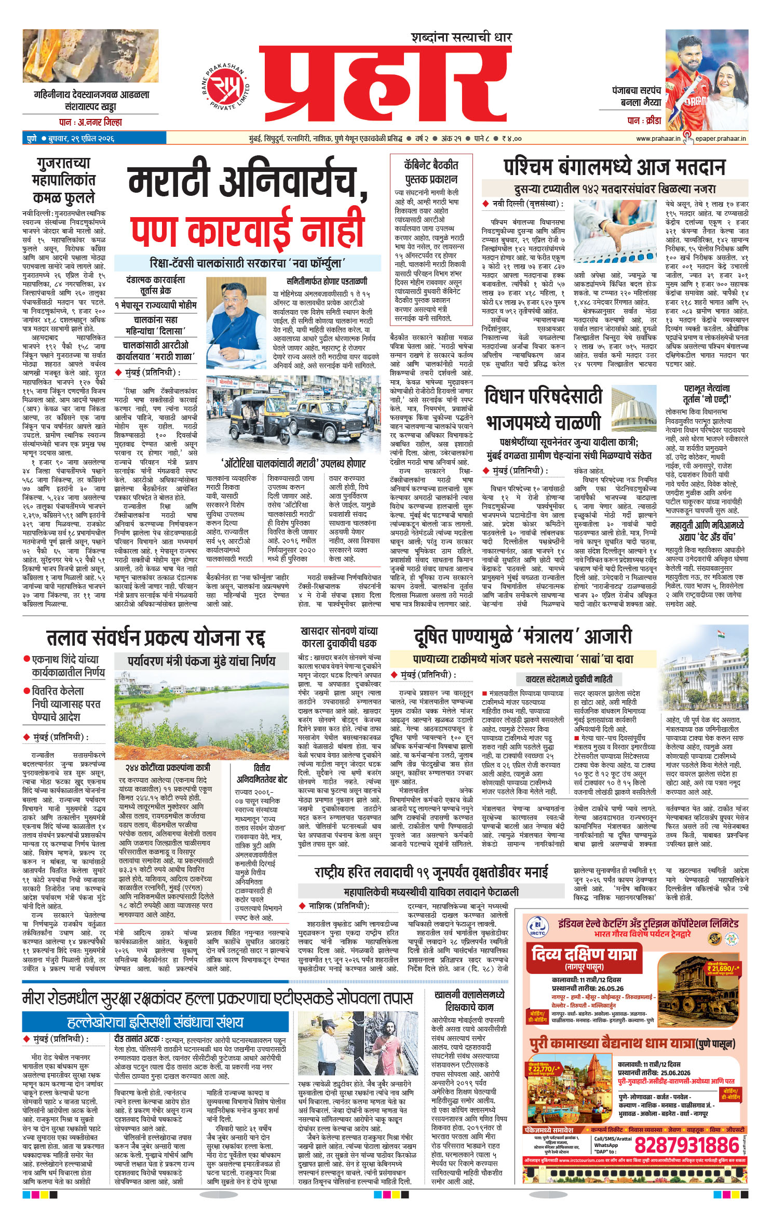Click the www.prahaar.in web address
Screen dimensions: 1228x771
point(658,138)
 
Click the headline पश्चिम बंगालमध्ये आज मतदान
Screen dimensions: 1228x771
point(614,167)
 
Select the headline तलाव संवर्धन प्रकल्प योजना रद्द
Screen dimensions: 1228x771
point(156,637)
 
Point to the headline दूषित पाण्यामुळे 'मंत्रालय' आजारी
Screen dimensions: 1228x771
point(522,636)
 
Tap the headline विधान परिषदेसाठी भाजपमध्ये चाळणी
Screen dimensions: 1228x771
point(543,408)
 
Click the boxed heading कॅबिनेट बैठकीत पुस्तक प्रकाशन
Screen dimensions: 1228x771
point(431,172)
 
